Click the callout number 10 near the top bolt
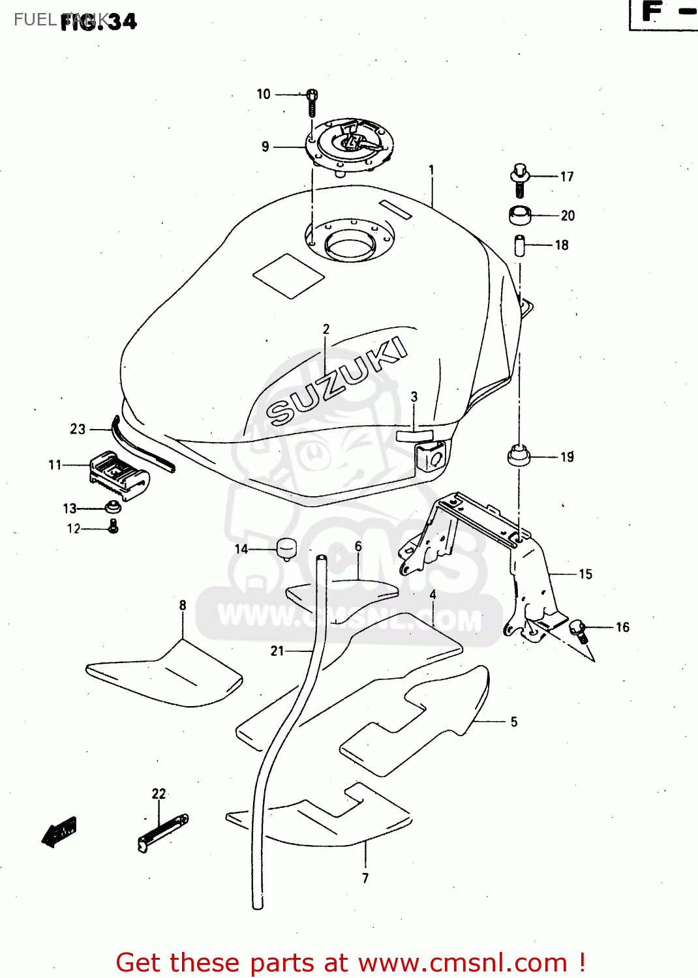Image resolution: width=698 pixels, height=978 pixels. click(264, 94)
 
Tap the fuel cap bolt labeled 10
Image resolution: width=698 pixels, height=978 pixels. click(312, 102)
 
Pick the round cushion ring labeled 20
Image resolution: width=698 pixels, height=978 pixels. click(520, 215)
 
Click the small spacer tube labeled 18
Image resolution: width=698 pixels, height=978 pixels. click(520, 245)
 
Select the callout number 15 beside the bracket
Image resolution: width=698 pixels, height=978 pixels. click(585, 574)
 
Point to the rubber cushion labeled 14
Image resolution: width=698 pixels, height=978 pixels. click(287, 548)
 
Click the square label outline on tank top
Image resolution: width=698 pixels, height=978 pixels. click(288, 276)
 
